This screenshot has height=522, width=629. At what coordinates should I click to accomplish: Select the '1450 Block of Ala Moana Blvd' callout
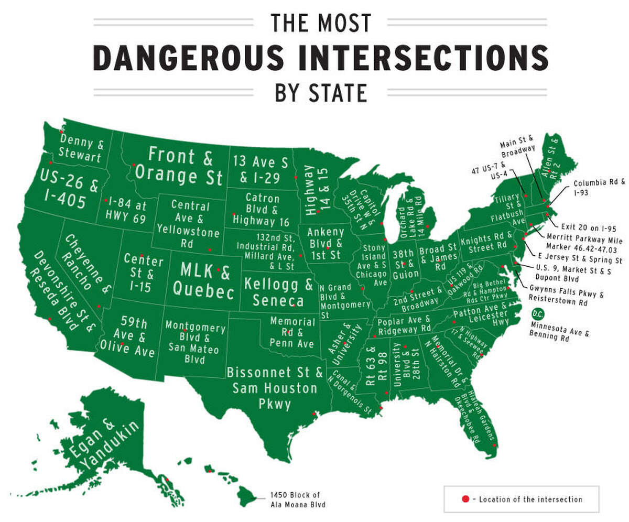tap(294, 499)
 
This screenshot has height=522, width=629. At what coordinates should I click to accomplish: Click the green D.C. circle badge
tap(537, 314)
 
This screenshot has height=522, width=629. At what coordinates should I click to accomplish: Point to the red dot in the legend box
tap(464, 499)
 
